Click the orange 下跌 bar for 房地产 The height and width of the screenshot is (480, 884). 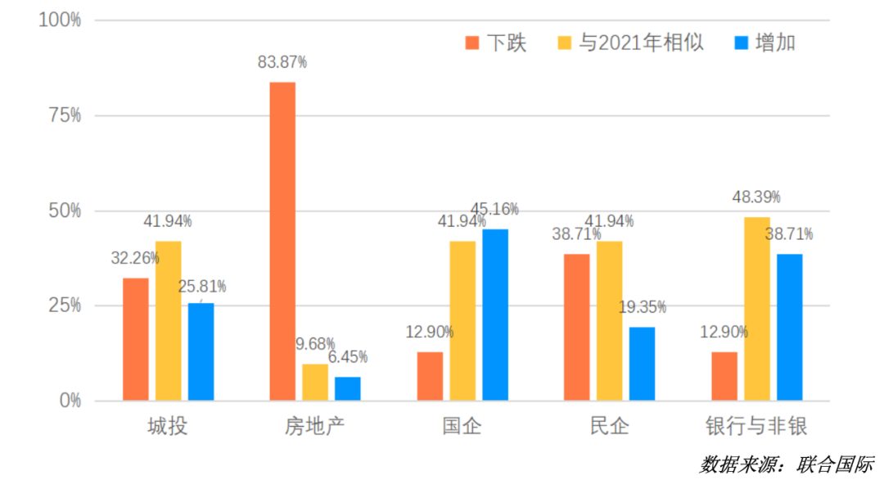(282, 241)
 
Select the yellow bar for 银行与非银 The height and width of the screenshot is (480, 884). (757, 309)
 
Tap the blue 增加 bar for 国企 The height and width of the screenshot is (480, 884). (495, 315)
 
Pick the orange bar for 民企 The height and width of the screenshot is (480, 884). (577, 327)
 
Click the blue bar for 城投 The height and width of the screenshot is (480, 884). (201, 351)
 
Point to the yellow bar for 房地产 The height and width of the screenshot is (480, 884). (315, 382)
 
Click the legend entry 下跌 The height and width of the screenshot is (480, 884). (496, 43)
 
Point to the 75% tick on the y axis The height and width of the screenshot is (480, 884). (64, 115)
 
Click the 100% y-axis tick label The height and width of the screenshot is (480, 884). (60, 20)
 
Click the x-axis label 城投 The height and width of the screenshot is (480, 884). (168, 427)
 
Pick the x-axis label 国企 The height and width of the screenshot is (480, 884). (462, 427)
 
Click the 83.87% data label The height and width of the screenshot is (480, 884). (282, 62)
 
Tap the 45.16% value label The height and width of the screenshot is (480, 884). (494, 210)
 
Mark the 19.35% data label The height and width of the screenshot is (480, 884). (642, 307)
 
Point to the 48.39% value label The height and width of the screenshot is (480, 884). (756, 197)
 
